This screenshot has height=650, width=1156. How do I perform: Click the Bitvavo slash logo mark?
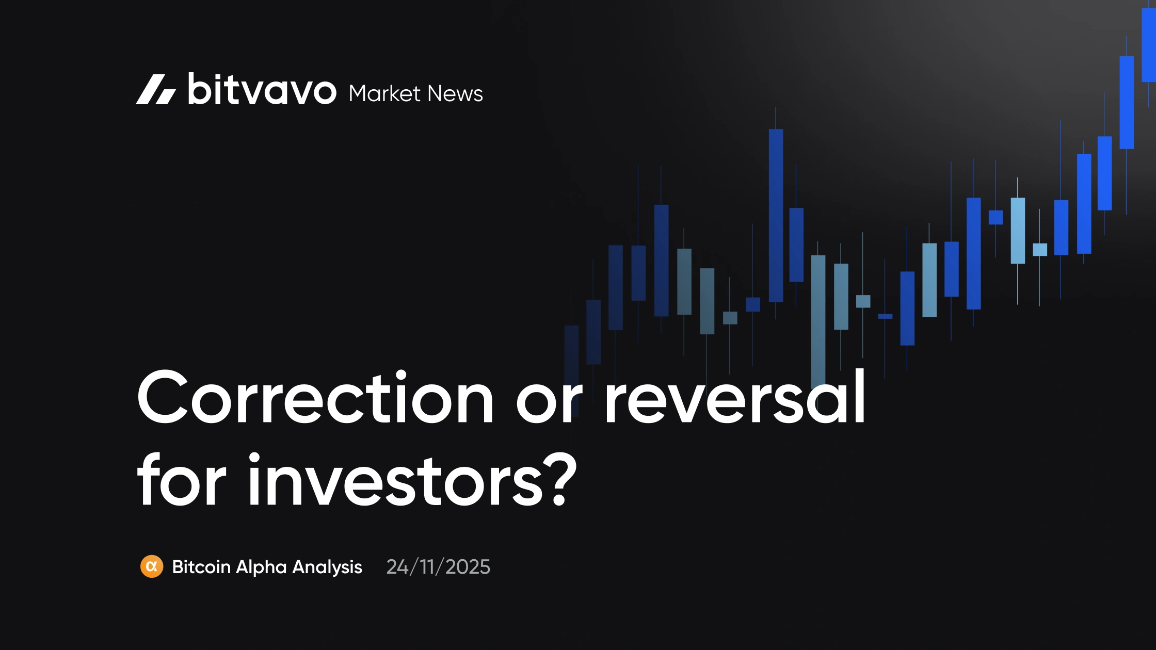pyautogui.click(x=155, y=90)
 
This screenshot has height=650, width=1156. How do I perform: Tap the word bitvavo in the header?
pyautogui.click(x=262, y=90)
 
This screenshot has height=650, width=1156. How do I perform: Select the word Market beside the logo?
pyautogui.click(x=384, y=94)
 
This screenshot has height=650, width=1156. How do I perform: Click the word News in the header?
pyautogui.click(x=455, y=94)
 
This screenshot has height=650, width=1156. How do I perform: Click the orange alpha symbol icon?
pyautogui.click(x=152, y=566)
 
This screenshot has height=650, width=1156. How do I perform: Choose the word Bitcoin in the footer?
pyautogui.click(x=201, y=567)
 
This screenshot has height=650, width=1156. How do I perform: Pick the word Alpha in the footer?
pyautogui.click(x=261, y=567)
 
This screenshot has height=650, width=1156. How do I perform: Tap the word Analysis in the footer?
pyautogui.click(x=327, y=567)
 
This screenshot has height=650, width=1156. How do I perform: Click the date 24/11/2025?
pyautogui.click(x=438, y=567)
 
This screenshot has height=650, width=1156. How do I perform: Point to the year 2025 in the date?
pyautogui.click(x=468, y=567)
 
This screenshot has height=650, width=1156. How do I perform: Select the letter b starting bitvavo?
pyautogui.click(x=199, y=89)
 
